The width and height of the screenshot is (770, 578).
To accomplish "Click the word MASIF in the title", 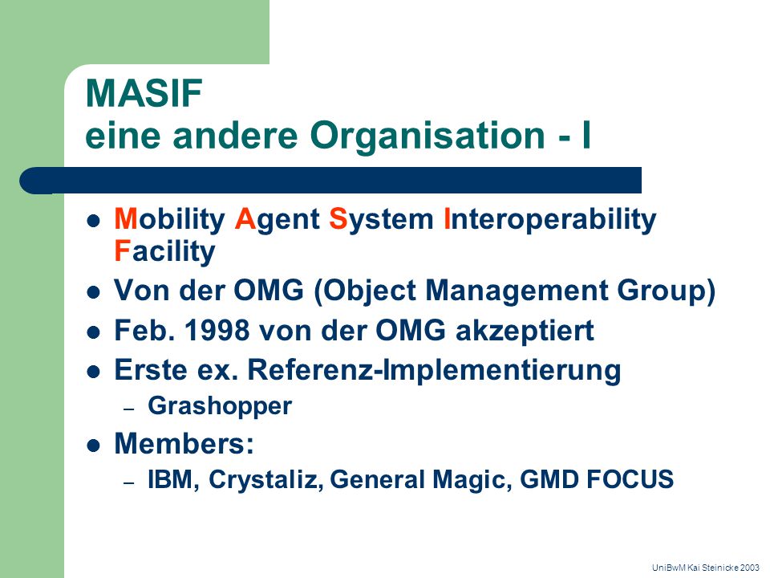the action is [x=144, y=93].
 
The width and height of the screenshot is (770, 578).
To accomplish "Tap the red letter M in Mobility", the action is [x=126, y=218].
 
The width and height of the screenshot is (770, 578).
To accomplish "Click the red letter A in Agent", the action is [x=245, y=218].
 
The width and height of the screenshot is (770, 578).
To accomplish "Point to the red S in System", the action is [x=338, y=218].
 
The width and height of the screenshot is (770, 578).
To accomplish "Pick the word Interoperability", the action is [x=549, y=220].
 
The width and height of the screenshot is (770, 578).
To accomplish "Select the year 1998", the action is [x=217, y=330].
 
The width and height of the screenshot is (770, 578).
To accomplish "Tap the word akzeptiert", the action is [x=525, y=332].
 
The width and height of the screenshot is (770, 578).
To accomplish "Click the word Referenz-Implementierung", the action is [x=434, y=370].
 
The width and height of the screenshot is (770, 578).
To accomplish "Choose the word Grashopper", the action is [x=220, y=407].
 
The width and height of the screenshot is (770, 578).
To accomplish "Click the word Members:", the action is [x=184, y=443].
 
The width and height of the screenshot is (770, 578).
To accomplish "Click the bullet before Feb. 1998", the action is [x=93, y=332].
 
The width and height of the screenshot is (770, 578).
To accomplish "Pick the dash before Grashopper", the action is [x=128, y=409].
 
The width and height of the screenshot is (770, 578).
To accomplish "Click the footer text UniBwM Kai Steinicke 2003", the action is [x=706, y=568].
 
